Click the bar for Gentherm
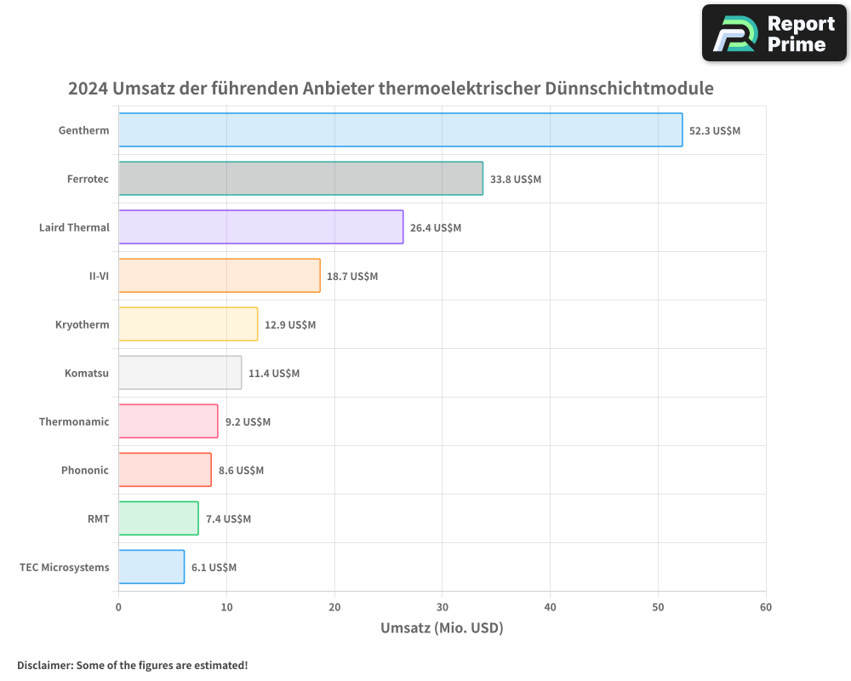400,130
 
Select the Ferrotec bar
300,179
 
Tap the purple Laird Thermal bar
260,227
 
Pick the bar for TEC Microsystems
151,567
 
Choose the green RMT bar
158,518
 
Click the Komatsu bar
180,373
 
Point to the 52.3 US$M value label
715,131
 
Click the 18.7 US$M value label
352,277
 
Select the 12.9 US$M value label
290,325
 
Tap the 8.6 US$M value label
241,471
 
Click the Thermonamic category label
74,421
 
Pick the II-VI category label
99,276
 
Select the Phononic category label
85,470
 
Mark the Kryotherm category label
83,324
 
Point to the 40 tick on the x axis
550,607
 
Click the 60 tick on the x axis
766,607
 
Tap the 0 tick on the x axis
118,607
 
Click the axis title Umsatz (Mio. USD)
442,628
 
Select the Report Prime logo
774,33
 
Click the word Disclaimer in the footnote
43,665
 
